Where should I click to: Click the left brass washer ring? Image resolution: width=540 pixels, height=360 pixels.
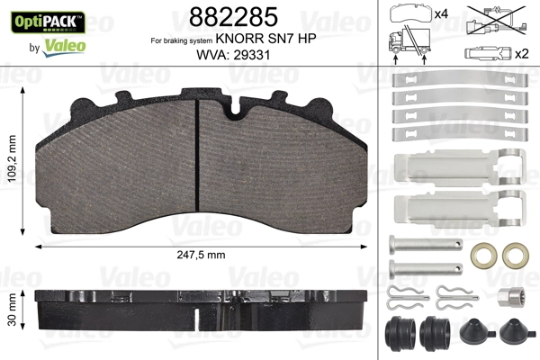point(485,255)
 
